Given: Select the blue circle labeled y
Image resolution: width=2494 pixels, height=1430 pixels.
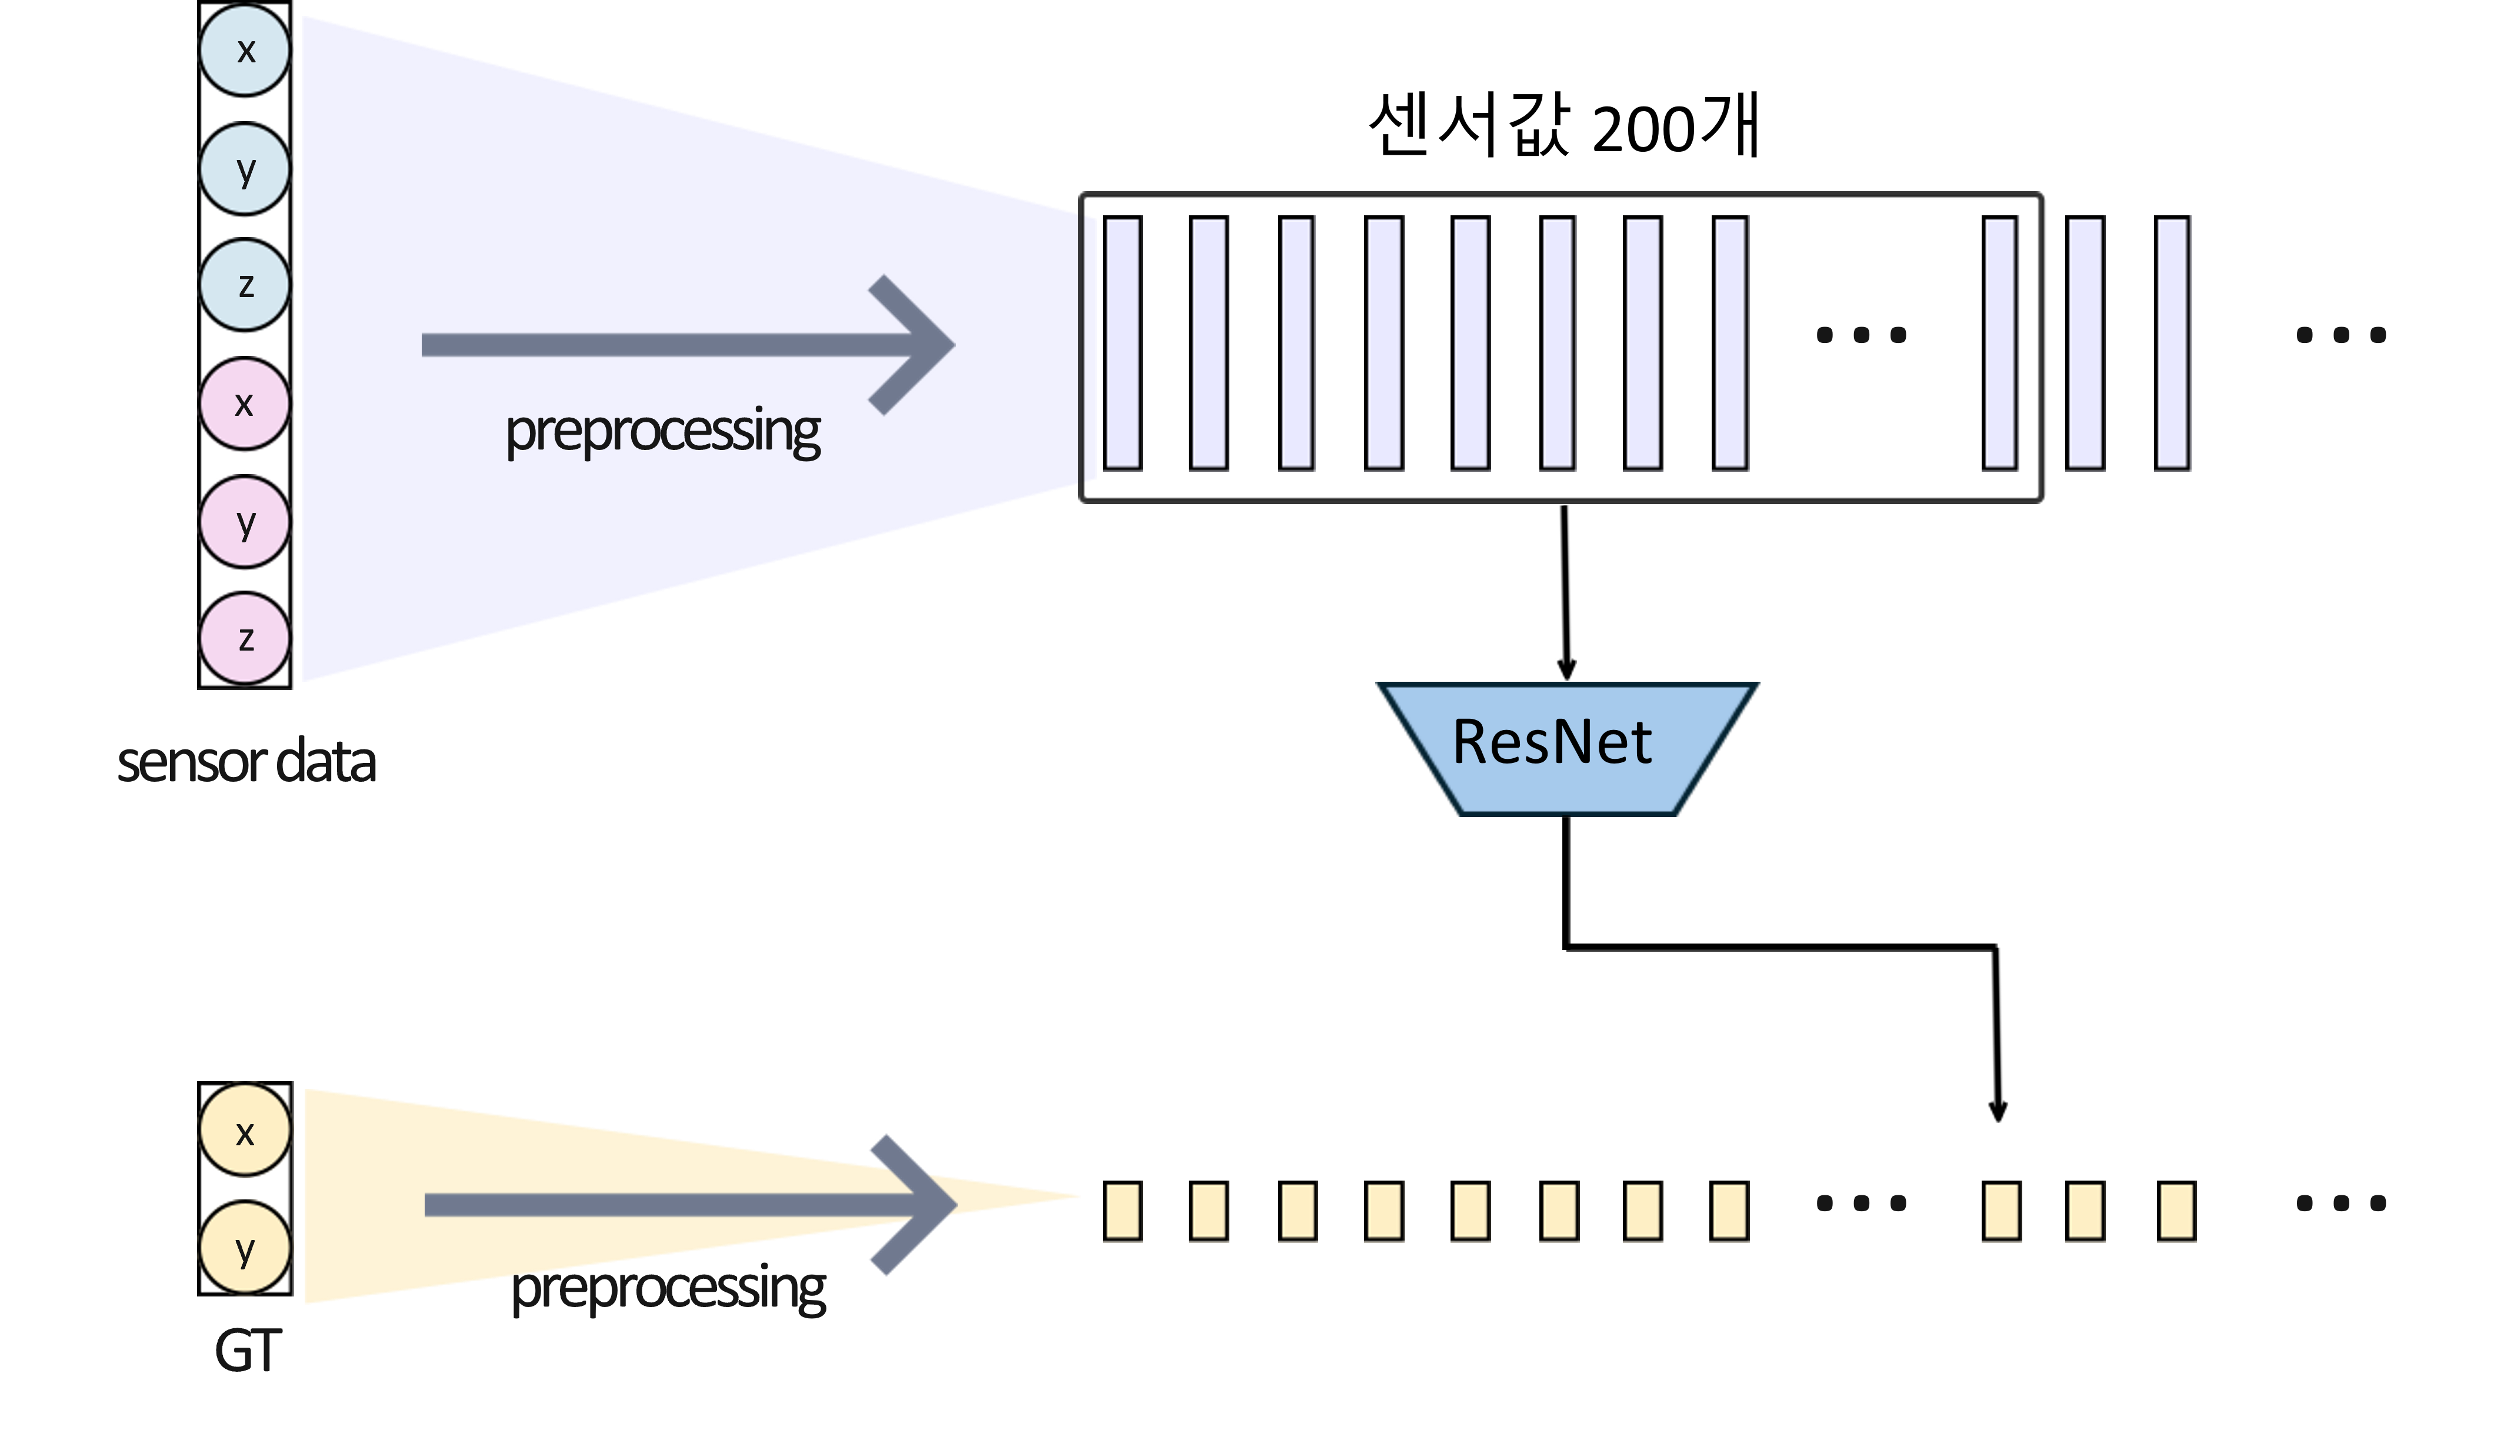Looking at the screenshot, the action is point(245,169).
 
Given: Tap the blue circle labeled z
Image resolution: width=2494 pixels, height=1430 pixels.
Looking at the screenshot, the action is point(245,285).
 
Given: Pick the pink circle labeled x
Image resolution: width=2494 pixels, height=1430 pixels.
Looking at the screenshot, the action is point(245,404).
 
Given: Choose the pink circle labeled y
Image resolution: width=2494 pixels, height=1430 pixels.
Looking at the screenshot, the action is point(245,522).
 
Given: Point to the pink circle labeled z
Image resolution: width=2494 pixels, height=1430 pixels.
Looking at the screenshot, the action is point(245,638).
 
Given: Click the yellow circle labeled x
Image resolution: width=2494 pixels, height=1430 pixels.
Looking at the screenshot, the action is point(245,1131).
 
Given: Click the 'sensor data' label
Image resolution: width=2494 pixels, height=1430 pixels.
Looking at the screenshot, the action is point(246,762).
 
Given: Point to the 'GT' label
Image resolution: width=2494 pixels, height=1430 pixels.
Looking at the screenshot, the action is point(248,1351).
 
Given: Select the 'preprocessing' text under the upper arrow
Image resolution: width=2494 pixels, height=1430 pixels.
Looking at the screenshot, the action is point(663,432).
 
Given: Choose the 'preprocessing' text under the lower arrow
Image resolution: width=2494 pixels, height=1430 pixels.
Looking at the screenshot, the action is point(669,1289).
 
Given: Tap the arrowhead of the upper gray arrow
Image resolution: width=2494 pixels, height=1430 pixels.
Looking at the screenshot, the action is point(912,345).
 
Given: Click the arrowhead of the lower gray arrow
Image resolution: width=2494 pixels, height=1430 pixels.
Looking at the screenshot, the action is point(915,1205).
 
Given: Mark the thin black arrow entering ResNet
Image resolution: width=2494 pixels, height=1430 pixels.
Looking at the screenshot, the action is point(1565,593).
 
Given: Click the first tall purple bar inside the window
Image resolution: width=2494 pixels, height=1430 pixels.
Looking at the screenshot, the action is point(1122,343).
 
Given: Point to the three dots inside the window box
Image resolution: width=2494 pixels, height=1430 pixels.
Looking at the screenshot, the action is point(1861,335).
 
